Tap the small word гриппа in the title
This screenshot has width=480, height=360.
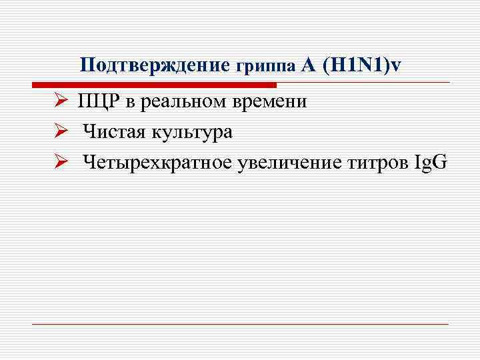[265, 67]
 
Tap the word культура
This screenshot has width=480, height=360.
[192, 133]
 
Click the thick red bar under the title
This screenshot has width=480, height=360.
[153, 85]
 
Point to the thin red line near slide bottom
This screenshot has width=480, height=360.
[240, 324]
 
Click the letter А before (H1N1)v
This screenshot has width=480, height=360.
[307, 65]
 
